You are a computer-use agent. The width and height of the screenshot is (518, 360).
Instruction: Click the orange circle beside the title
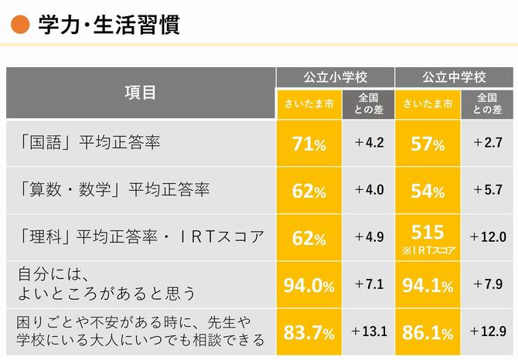(x=20, y=26)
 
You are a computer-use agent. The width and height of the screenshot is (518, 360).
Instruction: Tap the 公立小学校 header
(x=335, y=77)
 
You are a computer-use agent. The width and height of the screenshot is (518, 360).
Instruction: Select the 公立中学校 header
(x=454, y=77)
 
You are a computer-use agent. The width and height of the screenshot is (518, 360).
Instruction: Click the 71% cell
(x=308, y=144)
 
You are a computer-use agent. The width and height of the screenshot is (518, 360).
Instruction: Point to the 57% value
(x=428, y=144)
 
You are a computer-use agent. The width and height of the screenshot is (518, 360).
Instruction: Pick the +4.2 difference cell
(x=369, y=143)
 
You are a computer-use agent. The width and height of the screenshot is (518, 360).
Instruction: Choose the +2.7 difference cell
(x=488, y=143)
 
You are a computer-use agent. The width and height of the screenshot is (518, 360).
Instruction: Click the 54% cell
(x=428, y=192)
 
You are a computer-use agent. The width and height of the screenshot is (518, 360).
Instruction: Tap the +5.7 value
(x=488, y=190)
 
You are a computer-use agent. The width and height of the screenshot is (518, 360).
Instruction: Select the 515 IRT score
(x=428, y=231)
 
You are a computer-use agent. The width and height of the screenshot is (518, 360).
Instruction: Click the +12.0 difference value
(x=488, y=237)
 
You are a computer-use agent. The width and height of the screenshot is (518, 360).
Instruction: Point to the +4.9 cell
(x=369, y=237)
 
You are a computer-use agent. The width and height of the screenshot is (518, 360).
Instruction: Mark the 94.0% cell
(x=308, y=286)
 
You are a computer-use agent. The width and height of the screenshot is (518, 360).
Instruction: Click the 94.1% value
(x=428, y=286)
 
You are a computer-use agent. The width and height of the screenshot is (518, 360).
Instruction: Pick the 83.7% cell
(x=308, y=333)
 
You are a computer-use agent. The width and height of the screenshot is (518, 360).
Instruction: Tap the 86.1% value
(x=428, y=333)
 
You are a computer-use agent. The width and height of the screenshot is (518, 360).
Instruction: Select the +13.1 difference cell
(x=369, y=331)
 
